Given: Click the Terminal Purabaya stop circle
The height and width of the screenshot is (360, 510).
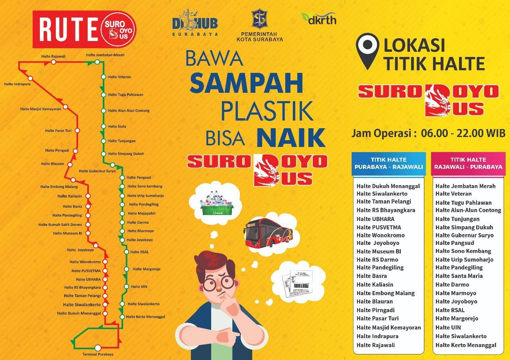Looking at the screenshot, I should [x=98, y=348].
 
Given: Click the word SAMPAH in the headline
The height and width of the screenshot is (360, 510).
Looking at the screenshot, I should [x=246, y=83].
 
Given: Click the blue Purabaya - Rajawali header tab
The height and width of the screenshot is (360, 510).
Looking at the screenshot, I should [x=388, y=163].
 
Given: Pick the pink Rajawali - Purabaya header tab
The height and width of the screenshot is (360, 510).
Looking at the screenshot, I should [x=468, y=163].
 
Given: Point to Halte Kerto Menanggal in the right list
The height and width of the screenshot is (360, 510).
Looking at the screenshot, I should [x=466, y=345].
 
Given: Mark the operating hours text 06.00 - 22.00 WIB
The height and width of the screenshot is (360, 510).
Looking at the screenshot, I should [x=463, y=133].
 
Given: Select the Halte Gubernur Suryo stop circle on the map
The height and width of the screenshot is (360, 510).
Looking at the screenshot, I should [x=112, y=165].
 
